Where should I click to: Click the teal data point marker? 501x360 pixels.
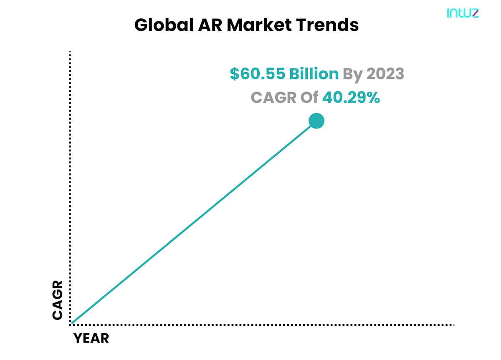click(316, 121)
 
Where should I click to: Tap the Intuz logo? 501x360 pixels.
click(463, 13)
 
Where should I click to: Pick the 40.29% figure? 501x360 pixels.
click(351, 98)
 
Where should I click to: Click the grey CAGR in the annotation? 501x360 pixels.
click(273, 98)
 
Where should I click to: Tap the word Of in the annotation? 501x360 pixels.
click(310, 98)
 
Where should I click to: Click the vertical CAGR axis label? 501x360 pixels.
click(58, 300)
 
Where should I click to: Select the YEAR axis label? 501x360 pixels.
click(91, 338)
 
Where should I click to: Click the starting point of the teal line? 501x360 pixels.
click(72, 323)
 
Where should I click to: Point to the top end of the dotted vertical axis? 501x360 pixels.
click(70, 53)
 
